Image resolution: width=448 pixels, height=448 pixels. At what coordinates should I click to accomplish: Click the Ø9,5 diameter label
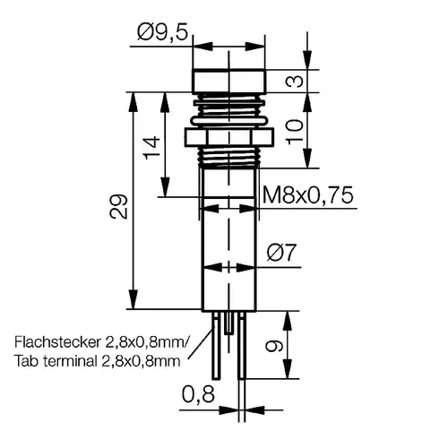pyautogui.click(x=163, y=32)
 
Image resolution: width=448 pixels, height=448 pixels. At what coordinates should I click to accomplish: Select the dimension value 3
pyautogui.click(x=295, y=81)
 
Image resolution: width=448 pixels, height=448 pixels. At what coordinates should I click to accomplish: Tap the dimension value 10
pyautogui.click(x=295, y=132)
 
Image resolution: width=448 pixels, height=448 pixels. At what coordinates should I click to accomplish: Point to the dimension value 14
pyautogui.click(x=151, y=148)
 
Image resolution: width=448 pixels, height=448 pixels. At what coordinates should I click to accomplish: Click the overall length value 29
pyautogui.click(x=118, y=207)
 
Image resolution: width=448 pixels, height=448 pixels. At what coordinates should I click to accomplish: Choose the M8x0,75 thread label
pyautogui.click(x=308, y=195)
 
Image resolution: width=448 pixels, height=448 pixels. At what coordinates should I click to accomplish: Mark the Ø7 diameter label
pyautogui.click(x=281, y=253)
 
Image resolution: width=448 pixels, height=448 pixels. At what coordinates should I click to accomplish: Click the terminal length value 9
pyautogui.click(x=274, y=346)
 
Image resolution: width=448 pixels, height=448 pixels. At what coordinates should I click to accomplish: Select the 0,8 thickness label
pyautogui.click(x=198, y=394)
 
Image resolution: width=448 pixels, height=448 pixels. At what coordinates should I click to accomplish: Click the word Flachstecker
pyautogui.click(x=56, y=342)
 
